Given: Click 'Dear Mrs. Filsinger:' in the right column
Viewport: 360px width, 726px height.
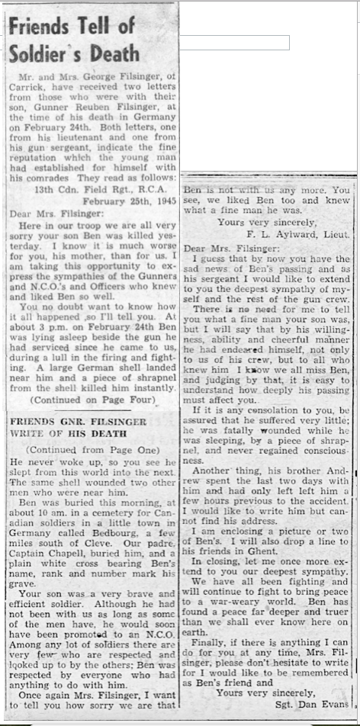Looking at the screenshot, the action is pyautogui.click(x=231, y=249).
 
